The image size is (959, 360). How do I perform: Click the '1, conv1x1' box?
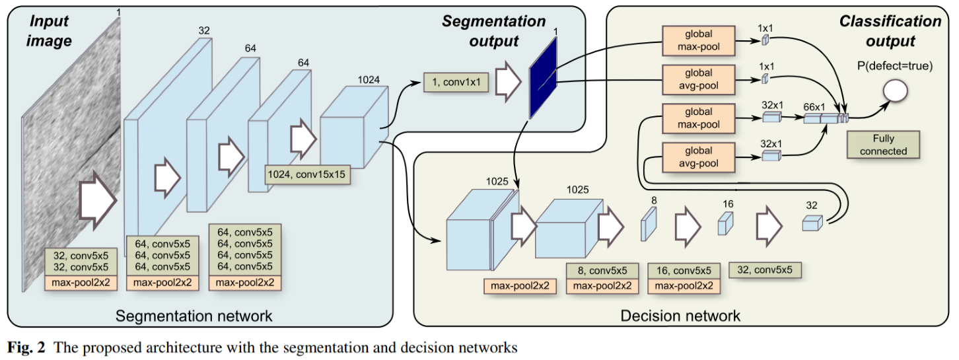tap(456, 84)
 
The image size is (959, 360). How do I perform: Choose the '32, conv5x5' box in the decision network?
tap(768, 269)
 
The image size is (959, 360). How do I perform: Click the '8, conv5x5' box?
tap(602, 271)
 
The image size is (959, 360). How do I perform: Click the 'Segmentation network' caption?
tap(194, 316)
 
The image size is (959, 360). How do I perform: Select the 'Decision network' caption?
tap(680, 316)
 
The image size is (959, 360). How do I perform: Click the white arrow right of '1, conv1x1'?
tap(509, 83)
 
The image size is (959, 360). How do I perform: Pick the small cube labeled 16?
tap(725, 224)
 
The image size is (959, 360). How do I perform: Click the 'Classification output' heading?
tap(890, 31)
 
